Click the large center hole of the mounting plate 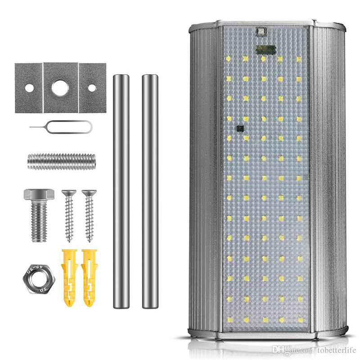(60, 88)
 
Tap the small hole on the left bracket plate (29, 88)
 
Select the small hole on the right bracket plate (92, 88)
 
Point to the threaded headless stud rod (62, 161)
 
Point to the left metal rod (121, 191)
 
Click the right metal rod (150, 191)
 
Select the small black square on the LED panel (239, 128)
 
